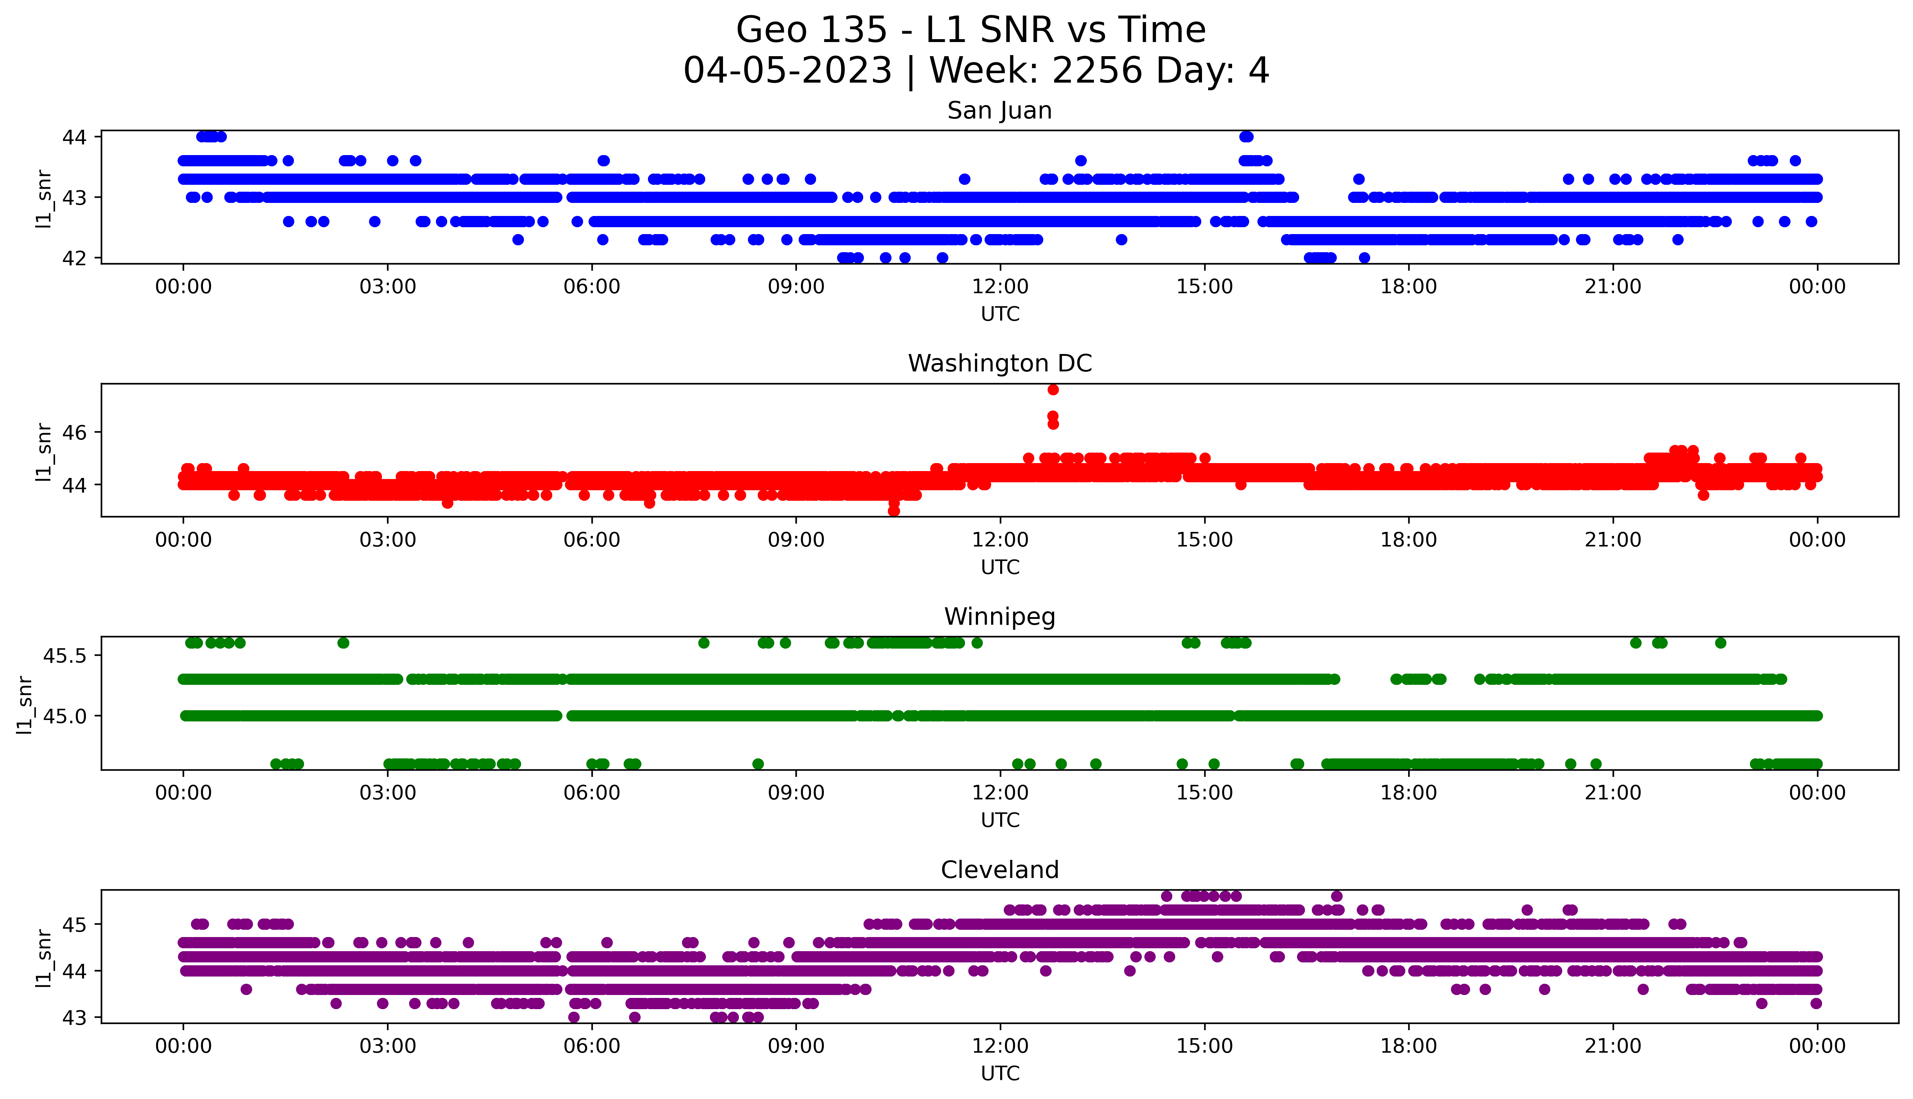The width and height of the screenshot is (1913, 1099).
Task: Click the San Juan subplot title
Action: pyautogui.click(x=999, y=111)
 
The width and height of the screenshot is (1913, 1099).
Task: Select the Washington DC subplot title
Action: pyautogui.click(x=999, y=364)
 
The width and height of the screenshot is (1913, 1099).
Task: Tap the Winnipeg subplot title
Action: pyautogui.click(x=999, y=617)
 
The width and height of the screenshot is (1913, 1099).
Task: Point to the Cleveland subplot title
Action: pyautogui.click(x=999, y=870)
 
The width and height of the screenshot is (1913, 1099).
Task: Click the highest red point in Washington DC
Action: pyautogui.click(x=1053, y=390)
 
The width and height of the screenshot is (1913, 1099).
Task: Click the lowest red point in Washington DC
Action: pyautogui.click(x=894, y=511)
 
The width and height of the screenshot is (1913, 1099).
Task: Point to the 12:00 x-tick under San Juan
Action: pyautogui.click(x=1000, y=287)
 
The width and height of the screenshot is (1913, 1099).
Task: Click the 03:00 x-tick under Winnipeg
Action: pyautogui.click(x=388, y=793)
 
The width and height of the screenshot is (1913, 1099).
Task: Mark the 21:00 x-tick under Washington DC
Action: pyautogui.click(x=1613, y=541)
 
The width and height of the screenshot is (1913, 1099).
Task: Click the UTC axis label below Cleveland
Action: pyautogui.click(x=1000, y=1073)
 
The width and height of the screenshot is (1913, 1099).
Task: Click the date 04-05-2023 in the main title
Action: pyautogui.click(x=787, y=71)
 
